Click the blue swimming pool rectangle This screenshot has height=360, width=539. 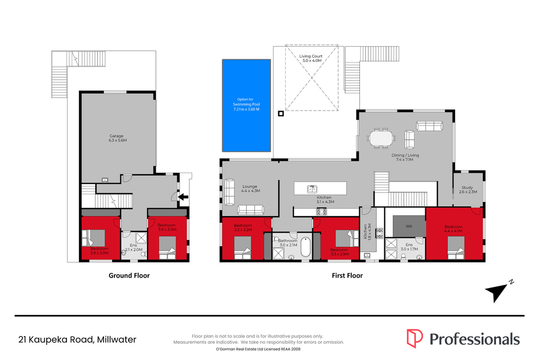coord(246,105)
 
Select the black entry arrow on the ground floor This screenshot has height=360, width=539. coord(183,197)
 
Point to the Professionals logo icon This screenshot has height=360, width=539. coord(414,338)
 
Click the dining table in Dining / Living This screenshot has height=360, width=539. coord(381,138)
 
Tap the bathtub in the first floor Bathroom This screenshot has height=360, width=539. coord(305,247)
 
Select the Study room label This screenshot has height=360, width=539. coord(468,190)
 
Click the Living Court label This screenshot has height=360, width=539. coord(311,58)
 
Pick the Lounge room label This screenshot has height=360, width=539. coord(250,188)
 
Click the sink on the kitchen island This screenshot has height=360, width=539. coord(312,188)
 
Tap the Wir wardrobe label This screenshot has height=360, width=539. coord(409,226)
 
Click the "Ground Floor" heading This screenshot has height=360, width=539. coord(129,276)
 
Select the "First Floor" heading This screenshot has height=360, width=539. coord(347,276)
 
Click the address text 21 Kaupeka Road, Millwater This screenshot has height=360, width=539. coord(77,339)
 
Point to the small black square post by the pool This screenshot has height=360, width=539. coord(281,113)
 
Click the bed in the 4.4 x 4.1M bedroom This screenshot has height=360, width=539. coord(456,248)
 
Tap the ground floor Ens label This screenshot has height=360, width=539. coord(133,247)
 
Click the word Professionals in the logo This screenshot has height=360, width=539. coord(474,339)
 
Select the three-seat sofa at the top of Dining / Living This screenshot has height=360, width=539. coord(430,126)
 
